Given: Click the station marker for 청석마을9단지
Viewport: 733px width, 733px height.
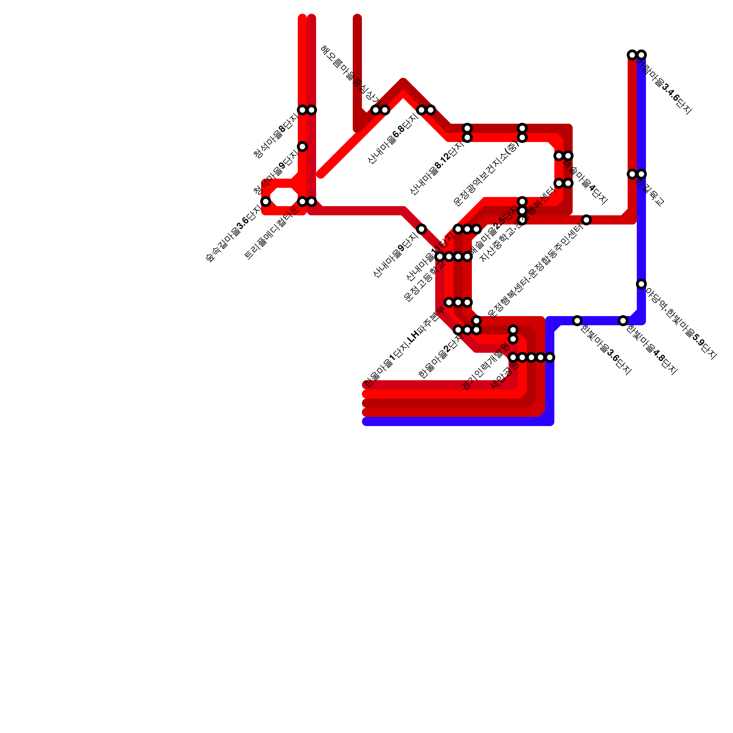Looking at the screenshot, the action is point(302,147).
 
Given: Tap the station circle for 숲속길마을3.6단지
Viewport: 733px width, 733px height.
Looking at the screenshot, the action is point(266,202).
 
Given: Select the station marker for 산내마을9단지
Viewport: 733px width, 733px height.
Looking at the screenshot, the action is point(421,229).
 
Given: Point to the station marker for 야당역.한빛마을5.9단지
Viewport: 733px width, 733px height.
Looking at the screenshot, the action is point(641,284).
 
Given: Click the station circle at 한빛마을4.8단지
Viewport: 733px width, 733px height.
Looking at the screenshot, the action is point(623,321).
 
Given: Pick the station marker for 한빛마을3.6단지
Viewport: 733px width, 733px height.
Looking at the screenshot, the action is point(577,321).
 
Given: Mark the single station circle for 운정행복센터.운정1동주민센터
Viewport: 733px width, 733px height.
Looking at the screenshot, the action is point(586,220).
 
